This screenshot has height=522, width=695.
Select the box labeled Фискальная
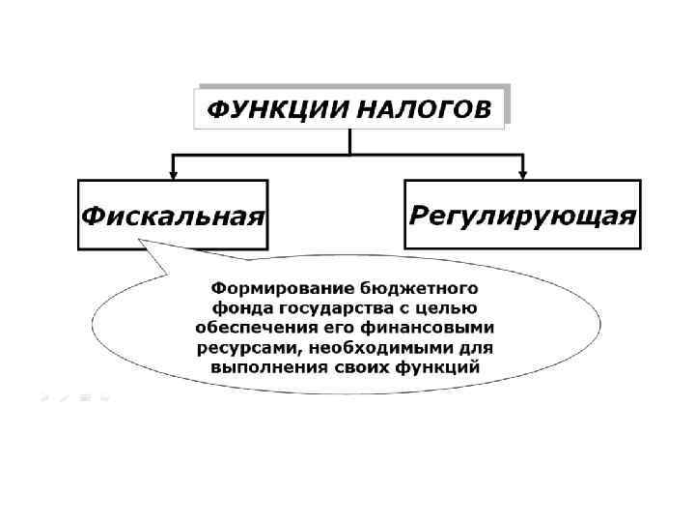173,215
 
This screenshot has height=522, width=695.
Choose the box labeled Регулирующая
522,215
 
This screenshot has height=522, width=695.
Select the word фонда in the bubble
234,308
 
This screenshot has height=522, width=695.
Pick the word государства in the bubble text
327,308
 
